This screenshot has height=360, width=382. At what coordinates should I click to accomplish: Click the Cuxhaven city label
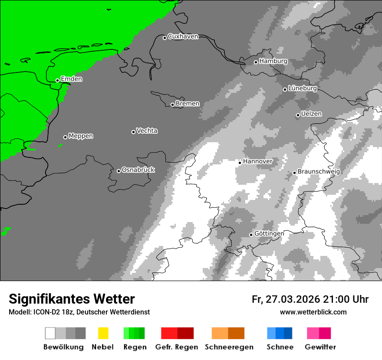click(183, 36)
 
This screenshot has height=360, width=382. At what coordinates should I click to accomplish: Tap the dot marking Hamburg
click(256, 62)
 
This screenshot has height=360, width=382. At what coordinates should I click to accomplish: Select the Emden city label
click(71, 79)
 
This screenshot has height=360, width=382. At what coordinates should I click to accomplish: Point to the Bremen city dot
click(172, 105)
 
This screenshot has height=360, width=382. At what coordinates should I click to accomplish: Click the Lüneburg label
click(303, 88)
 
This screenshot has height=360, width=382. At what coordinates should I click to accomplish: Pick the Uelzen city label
click(311, 114)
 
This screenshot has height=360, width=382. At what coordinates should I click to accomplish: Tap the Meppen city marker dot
click(65, 137)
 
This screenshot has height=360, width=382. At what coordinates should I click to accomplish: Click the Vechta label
click(147, 131)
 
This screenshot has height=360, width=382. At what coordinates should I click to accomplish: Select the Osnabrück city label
click(138, 170)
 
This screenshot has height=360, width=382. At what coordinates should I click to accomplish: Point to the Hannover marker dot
click(240, 163)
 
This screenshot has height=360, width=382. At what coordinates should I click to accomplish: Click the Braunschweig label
click(319, 171)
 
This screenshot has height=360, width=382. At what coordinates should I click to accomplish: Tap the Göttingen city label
click(269, 233)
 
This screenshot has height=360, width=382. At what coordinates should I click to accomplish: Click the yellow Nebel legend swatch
click(103, 333)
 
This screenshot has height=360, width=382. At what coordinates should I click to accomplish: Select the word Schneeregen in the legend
click(229, 347)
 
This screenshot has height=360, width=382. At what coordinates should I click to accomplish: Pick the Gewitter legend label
click(320, 347)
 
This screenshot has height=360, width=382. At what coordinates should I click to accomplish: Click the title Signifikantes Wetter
click(72, 299)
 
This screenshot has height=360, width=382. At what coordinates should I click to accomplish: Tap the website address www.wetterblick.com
click(313, 312)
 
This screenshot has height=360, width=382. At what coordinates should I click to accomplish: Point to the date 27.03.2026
click(292, 299)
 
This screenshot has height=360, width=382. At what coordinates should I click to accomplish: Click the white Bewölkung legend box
click(50, 333)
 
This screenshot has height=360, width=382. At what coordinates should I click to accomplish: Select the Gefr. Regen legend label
click(177, 347)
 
